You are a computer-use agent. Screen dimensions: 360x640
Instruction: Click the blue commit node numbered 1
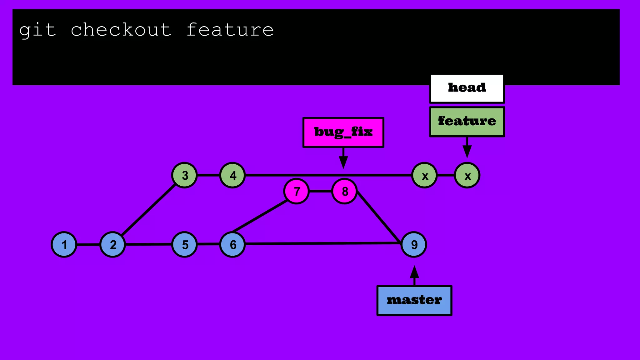click(x=64, y=245)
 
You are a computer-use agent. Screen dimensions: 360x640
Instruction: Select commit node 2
click(x=113, y=245)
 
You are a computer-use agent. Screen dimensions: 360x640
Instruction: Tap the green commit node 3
click(x=185, y=175)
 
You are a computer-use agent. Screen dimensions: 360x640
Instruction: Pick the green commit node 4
click(x=232, y=175)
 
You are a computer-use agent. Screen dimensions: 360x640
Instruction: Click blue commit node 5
click(x=185, y=245)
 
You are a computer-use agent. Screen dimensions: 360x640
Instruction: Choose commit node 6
click(x=232, y=245)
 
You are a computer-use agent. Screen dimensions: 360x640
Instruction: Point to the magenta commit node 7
click(x=297, y=191)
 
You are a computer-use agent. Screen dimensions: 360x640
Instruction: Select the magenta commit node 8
click(x=344, y=191)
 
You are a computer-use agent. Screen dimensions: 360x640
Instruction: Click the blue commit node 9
click(x=414, y=245)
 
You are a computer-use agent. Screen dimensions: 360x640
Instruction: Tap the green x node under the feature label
click(x=467, y=176)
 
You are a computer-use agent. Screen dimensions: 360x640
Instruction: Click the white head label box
click(x=467, y=89)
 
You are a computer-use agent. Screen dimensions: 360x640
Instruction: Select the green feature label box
click(x=467, y=122)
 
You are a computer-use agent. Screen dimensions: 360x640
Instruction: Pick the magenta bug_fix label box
click(x=343, y=132)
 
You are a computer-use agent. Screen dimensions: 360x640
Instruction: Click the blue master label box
click(x=414, y=300)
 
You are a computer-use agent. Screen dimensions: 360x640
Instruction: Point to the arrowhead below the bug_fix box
click(x=343, y=162)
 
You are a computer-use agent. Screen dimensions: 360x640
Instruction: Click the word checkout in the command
click(x=121, y=30)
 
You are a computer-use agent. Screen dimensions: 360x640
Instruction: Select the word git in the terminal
click(x=37, y=30)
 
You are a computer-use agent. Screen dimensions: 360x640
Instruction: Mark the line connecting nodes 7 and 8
click(x=321, y=191)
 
